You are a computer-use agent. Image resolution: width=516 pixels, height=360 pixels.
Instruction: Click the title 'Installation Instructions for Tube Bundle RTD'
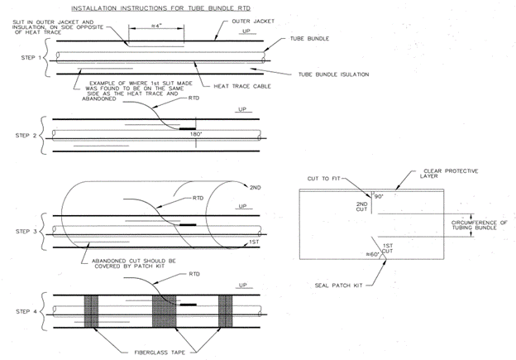pos(161,8)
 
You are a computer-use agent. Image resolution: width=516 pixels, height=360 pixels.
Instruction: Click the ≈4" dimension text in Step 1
pos(156,26)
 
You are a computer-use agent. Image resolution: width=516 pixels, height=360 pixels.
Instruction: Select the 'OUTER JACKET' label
pos(253,21)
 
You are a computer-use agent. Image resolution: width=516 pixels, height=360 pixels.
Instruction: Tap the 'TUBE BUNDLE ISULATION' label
pos(334,74)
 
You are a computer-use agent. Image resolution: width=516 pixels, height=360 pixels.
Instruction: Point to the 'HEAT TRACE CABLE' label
pos(242,86)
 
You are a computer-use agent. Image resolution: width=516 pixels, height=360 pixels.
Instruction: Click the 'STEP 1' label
pos(31,58)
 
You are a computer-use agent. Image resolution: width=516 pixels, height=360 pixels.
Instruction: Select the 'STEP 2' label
pos(26,136)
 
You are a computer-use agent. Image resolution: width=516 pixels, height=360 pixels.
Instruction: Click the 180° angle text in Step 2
pos(196,134)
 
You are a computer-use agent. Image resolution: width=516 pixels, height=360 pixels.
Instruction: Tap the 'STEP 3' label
pos(26,231)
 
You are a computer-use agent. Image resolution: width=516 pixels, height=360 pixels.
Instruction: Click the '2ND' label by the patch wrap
pos(255,188)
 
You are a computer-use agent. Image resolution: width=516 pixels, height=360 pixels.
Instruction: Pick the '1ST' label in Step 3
pos(254,242)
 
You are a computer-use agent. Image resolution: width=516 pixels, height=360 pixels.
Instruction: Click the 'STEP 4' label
pos(26,311)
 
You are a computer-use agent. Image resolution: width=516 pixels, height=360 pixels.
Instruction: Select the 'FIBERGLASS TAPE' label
pos(160,353)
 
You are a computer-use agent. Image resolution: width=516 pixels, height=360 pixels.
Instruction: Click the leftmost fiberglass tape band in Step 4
pos(91,311)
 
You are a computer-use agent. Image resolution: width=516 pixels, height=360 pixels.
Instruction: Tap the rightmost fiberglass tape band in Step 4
pos(226,311)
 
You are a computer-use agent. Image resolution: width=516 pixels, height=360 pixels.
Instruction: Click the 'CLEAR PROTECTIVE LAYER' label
pos(449,174)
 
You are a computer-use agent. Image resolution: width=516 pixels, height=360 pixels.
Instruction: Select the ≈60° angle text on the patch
pos(372,254)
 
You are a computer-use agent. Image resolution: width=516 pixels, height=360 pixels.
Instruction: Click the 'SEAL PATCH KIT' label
pos(339,286)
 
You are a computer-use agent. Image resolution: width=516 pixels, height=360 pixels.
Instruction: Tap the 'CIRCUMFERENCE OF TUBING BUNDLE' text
pos(479,225)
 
